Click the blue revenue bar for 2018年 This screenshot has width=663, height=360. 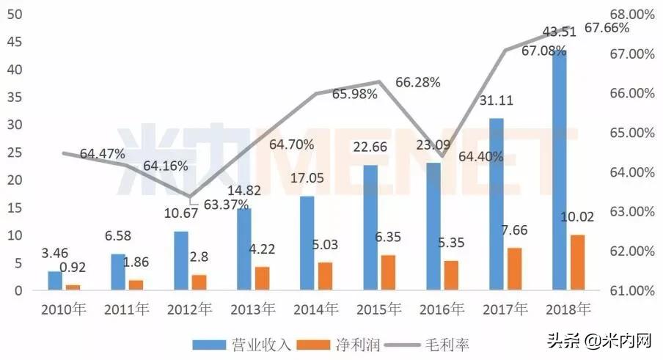pos(559,169)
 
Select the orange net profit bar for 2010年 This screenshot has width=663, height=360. pos(73,287)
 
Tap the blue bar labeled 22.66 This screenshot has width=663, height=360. pos(371,227)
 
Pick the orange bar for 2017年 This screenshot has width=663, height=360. pos(516,268)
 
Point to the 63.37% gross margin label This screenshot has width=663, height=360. pos(225,205)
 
